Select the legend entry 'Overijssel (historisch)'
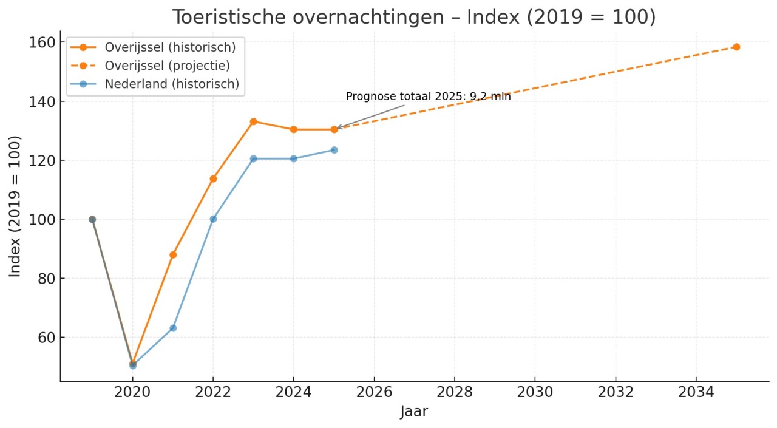[170, 47]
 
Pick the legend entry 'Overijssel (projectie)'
[167, 66]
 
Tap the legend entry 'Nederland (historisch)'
[172, 84]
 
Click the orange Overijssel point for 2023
[253, 121]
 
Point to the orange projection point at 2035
[736, 47]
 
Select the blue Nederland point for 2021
[173, 328]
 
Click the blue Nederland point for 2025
[334, 150]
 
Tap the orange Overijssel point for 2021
[173, 254]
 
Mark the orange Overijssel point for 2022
[213, 178]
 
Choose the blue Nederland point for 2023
[253, 158]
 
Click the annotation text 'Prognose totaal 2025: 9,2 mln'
[428, 97]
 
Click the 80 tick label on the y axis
[42, 278]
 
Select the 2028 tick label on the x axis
[454, 392]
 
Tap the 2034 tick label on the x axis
[696, 392]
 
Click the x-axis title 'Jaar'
[414, 412]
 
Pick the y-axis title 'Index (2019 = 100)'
[15, 206]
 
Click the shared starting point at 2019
[92, 219]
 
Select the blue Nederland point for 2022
[213, 219]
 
